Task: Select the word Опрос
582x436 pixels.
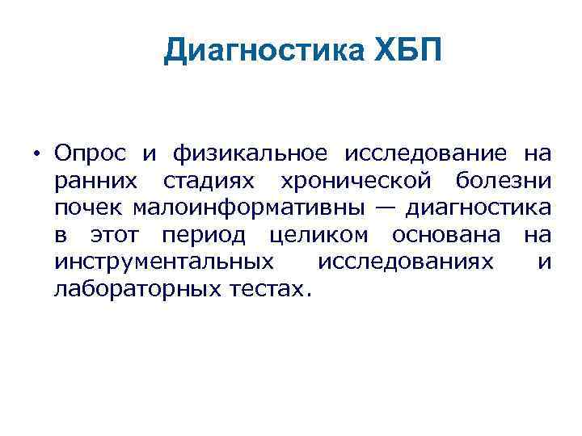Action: (x=87, y=153)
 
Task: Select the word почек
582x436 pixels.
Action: (x=85, y=208)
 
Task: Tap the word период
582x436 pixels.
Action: (x=199, y=235)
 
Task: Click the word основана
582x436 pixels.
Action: (x=449, y=235)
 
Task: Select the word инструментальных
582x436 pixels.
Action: (x=162, y=262)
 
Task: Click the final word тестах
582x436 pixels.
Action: (x=268, y=290)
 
